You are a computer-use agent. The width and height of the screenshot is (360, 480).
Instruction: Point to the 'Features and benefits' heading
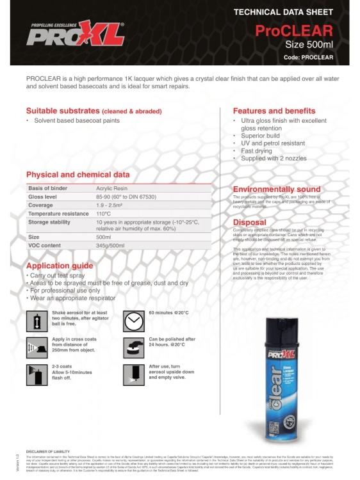(x=274, y=111)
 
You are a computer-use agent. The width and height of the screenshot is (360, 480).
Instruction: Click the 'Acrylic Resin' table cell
(x=113, y=188)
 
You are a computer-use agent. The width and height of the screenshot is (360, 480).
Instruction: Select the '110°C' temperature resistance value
(x=104, y=213)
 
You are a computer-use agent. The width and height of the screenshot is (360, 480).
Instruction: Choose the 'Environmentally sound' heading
(x=276, y=189)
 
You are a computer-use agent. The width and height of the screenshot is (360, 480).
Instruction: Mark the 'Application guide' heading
(x=60, y=265)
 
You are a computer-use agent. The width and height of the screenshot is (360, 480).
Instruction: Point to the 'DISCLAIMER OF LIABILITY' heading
(x=49, y=451)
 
